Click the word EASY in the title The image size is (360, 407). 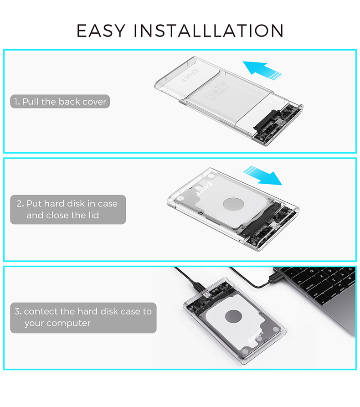point(100,31)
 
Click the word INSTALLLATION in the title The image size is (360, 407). point(209,31)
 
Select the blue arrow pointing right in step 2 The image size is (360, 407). point(262,175)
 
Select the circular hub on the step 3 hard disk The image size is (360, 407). point(234,316)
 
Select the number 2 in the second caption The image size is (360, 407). point(19,203)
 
